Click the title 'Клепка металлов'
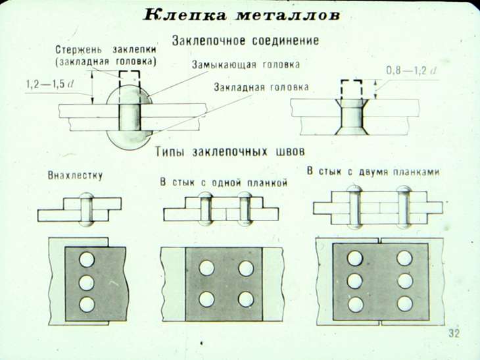[241, 14]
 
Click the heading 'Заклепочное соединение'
[245, 40]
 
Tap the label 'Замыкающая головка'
[246, 64]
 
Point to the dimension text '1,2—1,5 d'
[50, 84]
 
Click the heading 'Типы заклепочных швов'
[230, 151]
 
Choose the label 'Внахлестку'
[75, 176]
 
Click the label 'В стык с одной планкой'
[224, 182]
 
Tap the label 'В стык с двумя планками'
[373, 171]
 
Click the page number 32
[454, 333]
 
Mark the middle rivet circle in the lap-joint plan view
[87, 282]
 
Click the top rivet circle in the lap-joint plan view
[87, 259]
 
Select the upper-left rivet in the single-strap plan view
[206, 268]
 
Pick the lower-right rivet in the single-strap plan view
[246, 299]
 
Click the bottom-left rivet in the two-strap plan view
[356, 305]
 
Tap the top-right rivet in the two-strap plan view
[404, 258]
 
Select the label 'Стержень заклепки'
[106, 49]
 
